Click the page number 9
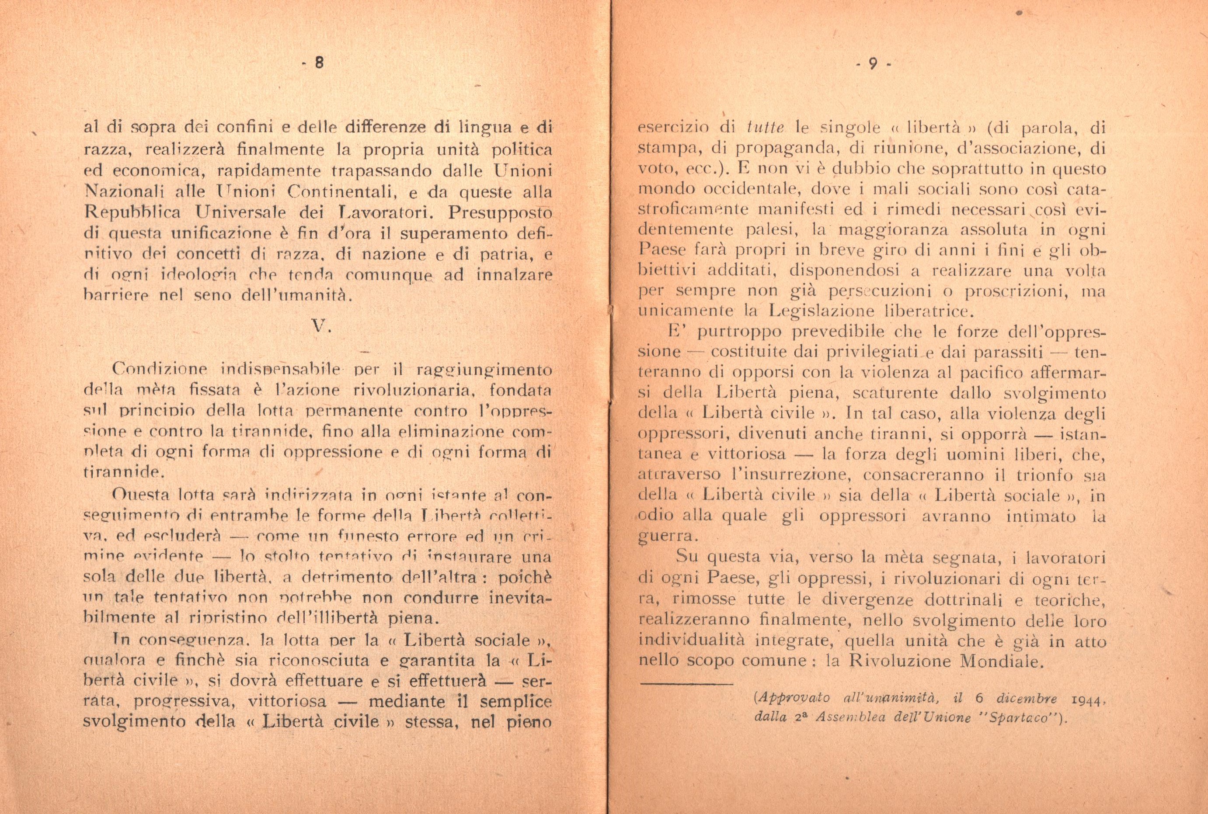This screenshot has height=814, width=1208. point(873,63)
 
